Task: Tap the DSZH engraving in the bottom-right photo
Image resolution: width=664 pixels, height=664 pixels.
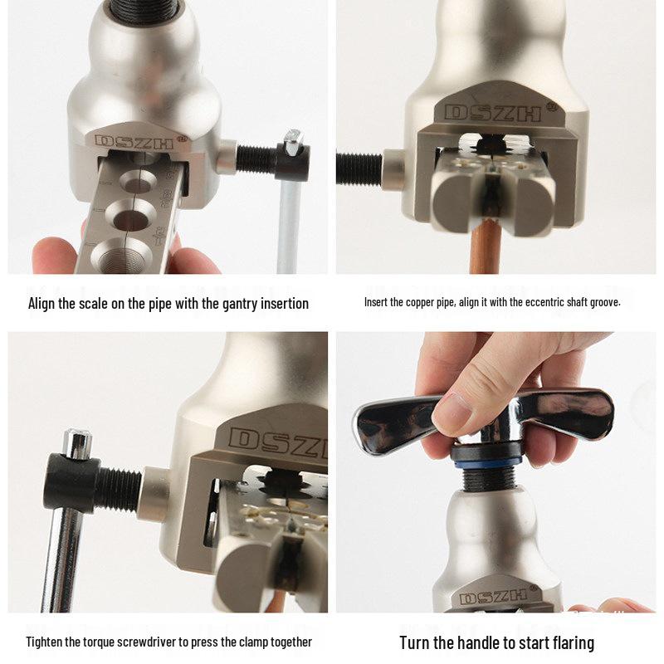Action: (x=494, y=597)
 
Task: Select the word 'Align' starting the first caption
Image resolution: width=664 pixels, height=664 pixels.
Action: (x=42, y=304)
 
